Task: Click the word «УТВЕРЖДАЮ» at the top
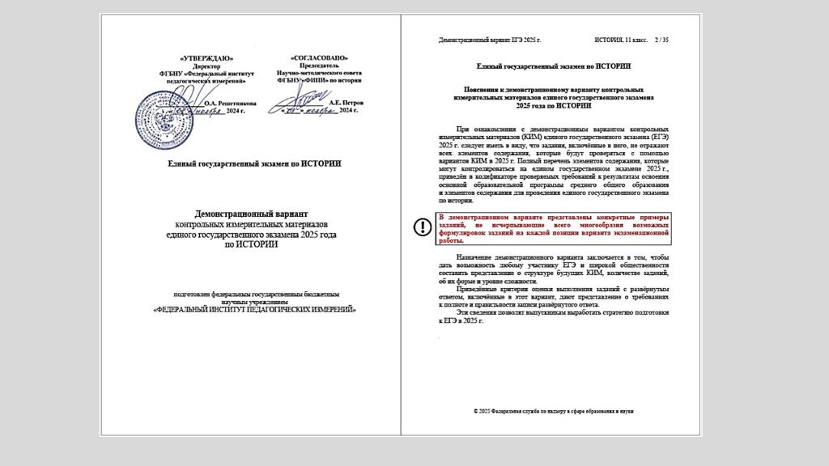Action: (x=206, y=58)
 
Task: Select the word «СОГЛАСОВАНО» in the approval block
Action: (x=318, y=58)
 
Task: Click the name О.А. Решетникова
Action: (x=230, y=104)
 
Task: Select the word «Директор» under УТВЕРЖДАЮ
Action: (x=206, y=66)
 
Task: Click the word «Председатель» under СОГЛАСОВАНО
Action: (x=318, y=66)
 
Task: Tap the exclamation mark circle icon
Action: (x=423, y=227)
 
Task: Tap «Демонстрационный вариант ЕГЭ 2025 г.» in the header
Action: (x=489, y=40)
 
